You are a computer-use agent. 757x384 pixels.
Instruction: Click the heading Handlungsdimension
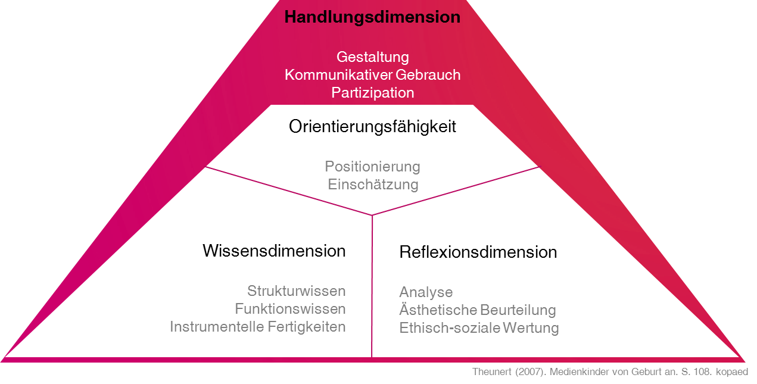[x=372, y=17]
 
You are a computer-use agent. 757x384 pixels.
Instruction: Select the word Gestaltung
[x=373, y=57]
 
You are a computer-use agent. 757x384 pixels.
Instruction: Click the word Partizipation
[x=373, y=93]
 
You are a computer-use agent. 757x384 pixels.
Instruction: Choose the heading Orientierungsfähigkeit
[x=372, y=127]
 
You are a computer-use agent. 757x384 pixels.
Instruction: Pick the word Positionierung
[x=373, y=166]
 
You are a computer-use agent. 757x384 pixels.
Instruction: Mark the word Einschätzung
[x=373, y=184]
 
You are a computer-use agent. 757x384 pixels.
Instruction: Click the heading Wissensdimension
[x=274, y=251]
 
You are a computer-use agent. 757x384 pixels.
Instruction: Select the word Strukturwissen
[x=297, y=291]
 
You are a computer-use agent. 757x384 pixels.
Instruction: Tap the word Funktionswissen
[x=290, y=309]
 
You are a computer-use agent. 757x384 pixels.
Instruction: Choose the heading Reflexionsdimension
[x=478, y=252]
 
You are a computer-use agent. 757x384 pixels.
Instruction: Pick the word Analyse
[x=426, y=292]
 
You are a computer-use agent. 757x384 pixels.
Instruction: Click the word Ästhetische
[x=438, y=310]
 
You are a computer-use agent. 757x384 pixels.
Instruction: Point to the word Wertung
[x=531, y=328]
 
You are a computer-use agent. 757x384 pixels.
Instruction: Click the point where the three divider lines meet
[x=372, y=215]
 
